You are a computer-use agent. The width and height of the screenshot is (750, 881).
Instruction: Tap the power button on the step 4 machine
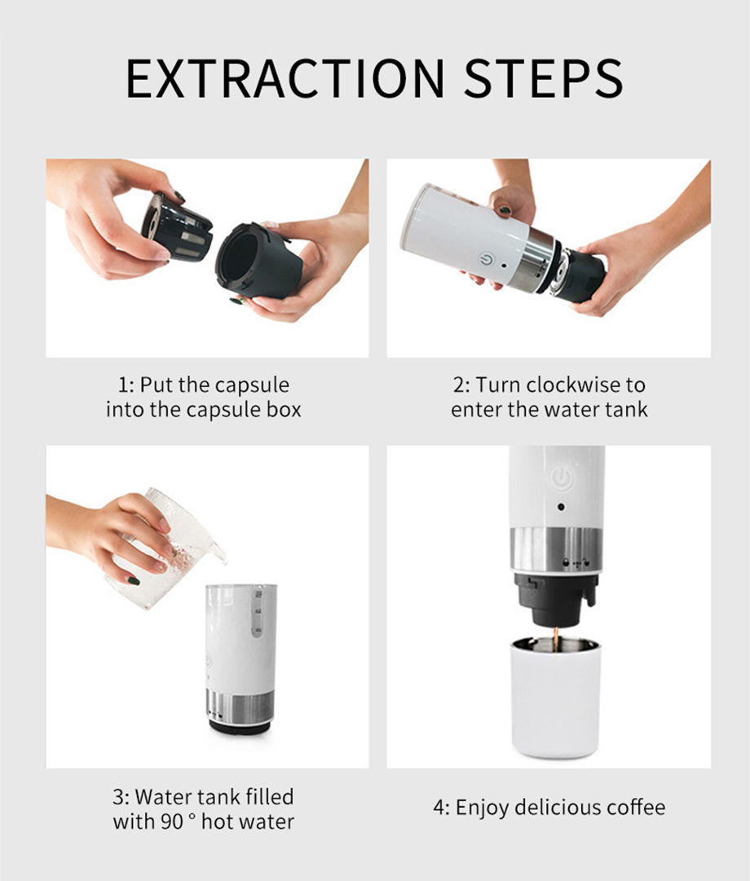tap(561, 478)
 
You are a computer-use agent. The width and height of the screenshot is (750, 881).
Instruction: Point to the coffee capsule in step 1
tap(177, 227)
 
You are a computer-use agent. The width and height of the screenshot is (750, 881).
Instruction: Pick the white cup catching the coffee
tap(555, 697)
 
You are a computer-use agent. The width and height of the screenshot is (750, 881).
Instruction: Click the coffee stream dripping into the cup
tap(556, 640)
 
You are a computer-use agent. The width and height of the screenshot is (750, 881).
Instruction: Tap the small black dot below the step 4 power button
tap(561, 508)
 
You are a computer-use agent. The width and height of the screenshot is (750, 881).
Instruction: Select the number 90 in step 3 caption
tap(171, 822)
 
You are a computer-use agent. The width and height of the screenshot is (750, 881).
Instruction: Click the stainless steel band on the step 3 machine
tap(240, 705)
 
